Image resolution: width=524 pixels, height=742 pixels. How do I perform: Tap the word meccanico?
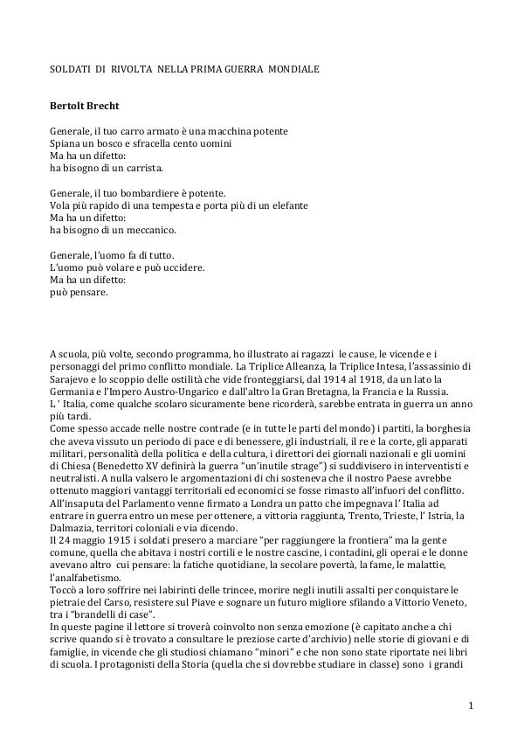(x=151, y=230)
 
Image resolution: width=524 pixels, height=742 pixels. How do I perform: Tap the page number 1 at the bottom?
(x=470, y=704)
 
